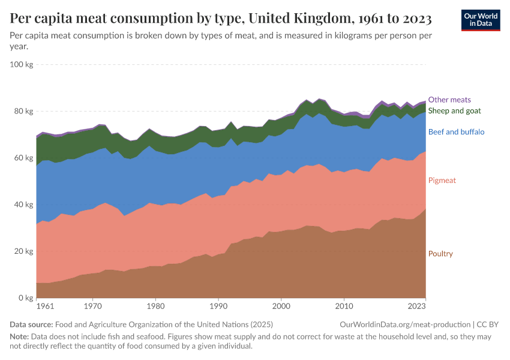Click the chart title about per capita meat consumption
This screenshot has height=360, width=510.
coord(221,19)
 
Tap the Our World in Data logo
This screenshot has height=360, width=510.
coord(480,20)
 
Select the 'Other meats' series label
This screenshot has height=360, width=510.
coord(449,100)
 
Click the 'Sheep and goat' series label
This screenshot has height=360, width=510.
coord(454,110)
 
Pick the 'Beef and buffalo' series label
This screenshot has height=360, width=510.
coord(456,131)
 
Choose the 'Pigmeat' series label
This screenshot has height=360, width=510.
coord(441,180)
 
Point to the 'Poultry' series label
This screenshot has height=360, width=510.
coord(440,254)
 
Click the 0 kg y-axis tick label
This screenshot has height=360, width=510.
coord(25,298)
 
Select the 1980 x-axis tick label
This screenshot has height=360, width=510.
coord(155,307)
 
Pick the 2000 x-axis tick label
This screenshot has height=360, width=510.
coord(281,307)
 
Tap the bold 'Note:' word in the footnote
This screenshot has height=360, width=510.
coord(20,337)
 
